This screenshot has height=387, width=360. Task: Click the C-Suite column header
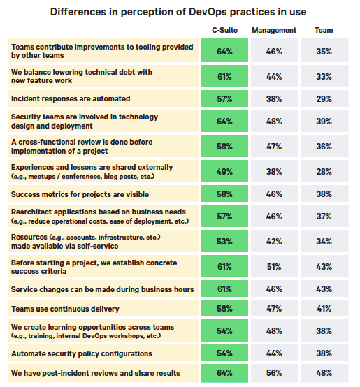click(224, 30)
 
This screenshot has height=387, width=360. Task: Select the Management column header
click(274, 30)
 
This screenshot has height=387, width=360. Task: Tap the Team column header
click(324, 30)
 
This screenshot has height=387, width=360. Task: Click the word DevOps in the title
click(208, 12)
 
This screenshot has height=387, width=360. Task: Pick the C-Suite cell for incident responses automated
click(224, 98)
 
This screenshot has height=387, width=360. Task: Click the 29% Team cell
click(324, 98)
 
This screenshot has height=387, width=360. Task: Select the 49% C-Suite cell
click(224, 171)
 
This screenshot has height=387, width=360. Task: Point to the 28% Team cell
click(324, 171)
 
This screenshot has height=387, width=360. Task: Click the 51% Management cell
click(274, 266)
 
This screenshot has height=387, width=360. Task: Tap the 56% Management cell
click(274, 373)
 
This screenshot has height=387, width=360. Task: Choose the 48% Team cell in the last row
click(324, 373)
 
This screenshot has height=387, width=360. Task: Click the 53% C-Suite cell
click(224, 241)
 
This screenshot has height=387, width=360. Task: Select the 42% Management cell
click(274, 241)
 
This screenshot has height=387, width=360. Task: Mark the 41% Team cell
click(324, 308)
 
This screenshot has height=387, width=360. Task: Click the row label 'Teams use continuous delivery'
click(65, 309)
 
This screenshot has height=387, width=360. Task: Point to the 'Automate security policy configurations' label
click(82, 353)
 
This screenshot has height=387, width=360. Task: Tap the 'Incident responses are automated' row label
click(71, 98)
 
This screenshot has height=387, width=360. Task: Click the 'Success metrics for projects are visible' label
click(80, 194)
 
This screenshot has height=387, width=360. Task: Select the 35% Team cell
click(324, 51)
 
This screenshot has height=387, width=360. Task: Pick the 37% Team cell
click(324, 217)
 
